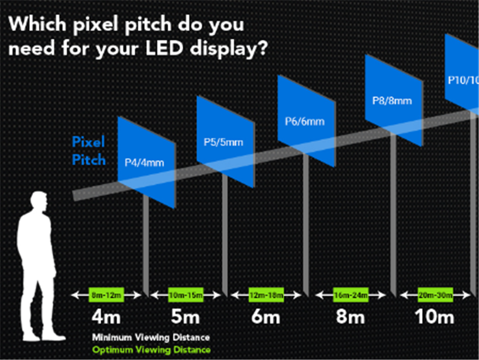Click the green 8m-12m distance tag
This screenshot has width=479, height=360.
coord(107,295)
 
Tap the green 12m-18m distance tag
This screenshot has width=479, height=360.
coord(265,295)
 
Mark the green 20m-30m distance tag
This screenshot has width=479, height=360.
coord(435,295)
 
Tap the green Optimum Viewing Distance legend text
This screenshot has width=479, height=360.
coord(150,349)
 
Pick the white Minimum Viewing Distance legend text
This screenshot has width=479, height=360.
coord(150,338)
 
